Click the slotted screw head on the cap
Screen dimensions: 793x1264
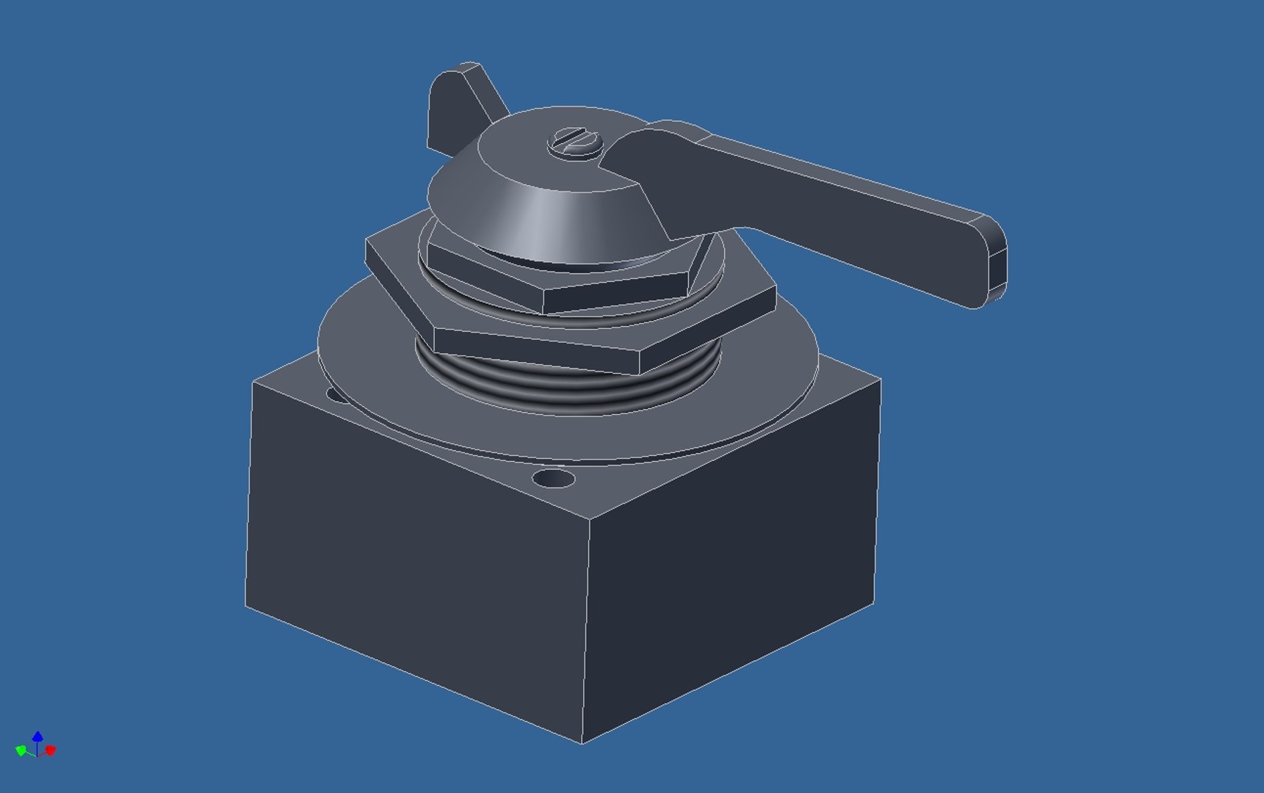[575, 141]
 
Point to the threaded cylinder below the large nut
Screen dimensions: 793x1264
[566, 389]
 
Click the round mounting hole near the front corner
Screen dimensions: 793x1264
[553, 480]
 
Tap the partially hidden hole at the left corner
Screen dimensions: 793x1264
[337, 396]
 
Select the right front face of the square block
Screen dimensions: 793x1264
[734, 587]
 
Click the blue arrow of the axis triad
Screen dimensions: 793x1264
[37, 736]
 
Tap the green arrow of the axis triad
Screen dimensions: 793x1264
[21, 750]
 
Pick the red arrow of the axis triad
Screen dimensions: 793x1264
[51, 750]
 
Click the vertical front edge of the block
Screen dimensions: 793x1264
[586, 631]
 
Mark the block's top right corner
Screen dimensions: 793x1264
[880, 380]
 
